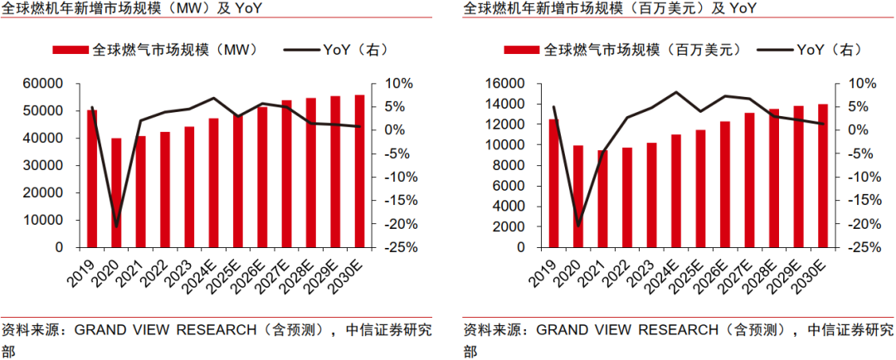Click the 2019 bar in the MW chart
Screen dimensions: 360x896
click(92, 178)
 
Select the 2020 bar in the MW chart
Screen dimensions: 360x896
click(116, 192)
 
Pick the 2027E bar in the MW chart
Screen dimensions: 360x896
click(286, 173)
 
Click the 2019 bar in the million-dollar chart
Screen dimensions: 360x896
click(553, 183)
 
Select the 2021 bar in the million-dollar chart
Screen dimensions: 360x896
click(602, 198)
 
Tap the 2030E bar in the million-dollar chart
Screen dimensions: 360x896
click(823, 176)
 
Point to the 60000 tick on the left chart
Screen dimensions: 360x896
click(46, 84)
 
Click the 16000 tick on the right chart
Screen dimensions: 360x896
click(509, 84)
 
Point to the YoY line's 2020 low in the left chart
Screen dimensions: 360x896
click(116, 225)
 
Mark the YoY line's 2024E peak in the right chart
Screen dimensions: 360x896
click(675, 92)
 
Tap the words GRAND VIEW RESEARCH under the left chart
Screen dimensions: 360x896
click(166, 329)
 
